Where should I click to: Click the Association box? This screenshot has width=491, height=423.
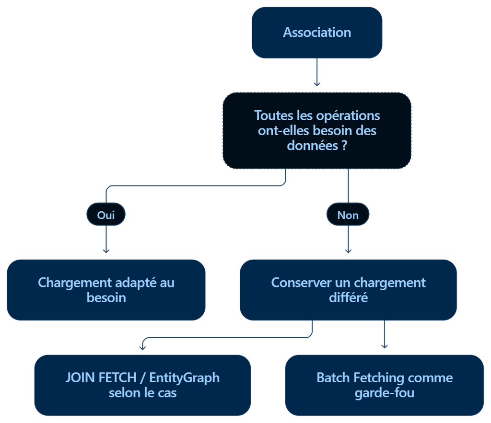pyautogui.click(x=317, y=33)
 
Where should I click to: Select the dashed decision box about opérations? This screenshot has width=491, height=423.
pyautogui.click(x=317, y=130)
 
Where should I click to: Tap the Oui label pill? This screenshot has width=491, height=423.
pyautogui.click(x=106, y=214)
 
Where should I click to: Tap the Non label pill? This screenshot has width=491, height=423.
pyautogui.click(x=348, y=214)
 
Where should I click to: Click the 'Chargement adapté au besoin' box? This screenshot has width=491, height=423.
pyautogui.click(x=106, y=290)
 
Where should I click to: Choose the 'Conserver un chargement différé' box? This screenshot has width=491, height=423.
pyautogui.click(x=348, y=290)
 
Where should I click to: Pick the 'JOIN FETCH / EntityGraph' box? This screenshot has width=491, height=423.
pyautogui.click(x=142, y=385)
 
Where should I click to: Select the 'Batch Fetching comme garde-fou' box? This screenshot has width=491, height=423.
pyautogui.click(x=385, y=385)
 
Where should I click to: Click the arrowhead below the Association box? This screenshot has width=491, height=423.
pyautogui.click(x=317, y=84)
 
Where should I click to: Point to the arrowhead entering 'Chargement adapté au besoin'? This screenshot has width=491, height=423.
pyautogui.click(x=106, y=251)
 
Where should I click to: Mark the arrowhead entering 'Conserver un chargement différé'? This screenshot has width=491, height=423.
pyautogui.click(x=348, y=251)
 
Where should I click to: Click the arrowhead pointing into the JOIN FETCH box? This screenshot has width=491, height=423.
pyautogui.click(x=142, y=347)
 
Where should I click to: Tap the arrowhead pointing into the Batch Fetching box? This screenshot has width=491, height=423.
pyautogui.click(x=385, y=346)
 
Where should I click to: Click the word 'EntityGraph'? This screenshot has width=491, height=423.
pyautogui.click(x=185, y=378)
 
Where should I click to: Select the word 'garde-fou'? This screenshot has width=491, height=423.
pyautogui.click(x=385, y=393)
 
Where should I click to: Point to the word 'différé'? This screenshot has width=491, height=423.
pyautogui.click(x=348, y=297)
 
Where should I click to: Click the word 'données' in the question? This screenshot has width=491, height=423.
pyautogui.click(x=313, y=146)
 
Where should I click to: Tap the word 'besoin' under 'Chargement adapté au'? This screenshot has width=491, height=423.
pyautogui.click(x=106, y=297)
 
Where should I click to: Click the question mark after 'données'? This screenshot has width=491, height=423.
pyautogui.click(x=344, y=146)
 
